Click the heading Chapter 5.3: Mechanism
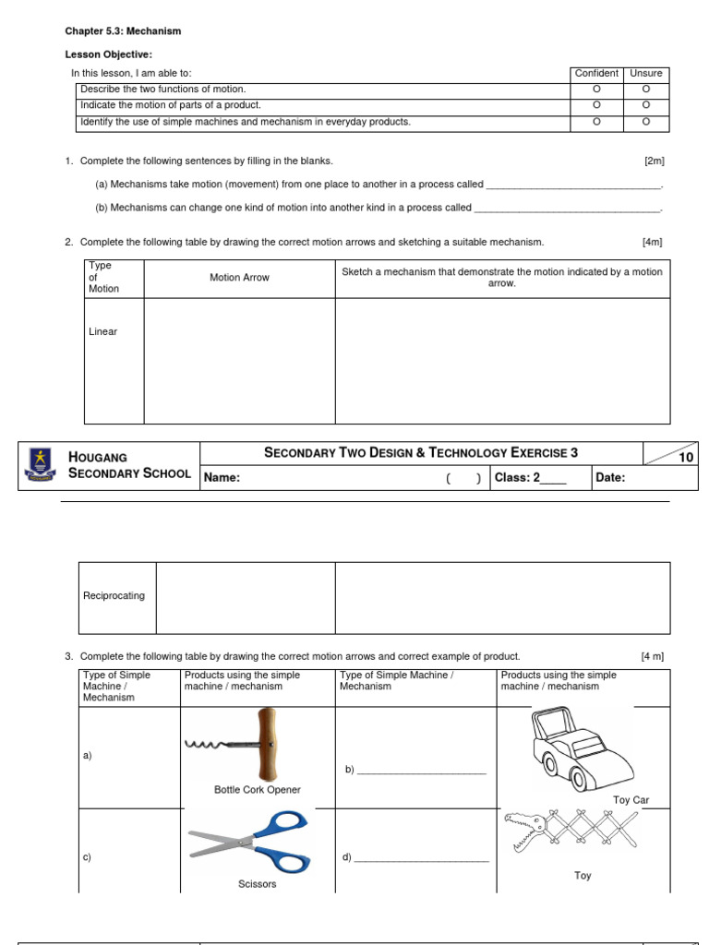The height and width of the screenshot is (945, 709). tap(123, 31)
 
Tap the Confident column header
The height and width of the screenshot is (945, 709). tap(596, 74)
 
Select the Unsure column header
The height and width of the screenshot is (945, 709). tap(646, 74)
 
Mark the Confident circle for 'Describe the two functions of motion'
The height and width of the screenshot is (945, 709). tap(596, 90)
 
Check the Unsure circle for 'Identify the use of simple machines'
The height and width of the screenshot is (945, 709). tap(646, 122)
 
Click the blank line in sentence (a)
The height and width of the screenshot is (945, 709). tap(573, 185)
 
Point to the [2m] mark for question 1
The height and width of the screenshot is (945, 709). tap(654, 161)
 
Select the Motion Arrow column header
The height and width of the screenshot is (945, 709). tap(239, 278)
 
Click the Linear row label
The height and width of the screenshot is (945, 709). tap(103, 332)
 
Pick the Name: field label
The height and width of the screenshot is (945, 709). tap(222, 478)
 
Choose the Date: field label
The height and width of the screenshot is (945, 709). tap(611, 478)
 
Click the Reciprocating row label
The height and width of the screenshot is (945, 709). tap(114, 596)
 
